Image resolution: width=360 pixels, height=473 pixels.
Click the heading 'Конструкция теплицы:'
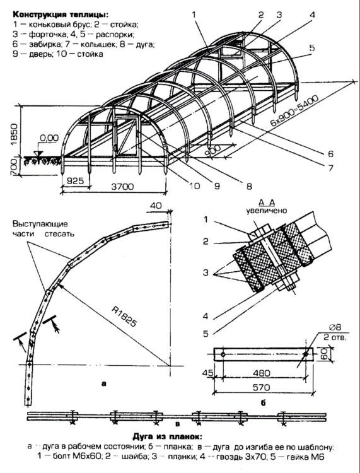[x=60, y=14]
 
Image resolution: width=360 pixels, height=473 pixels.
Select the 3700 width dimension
[x=122, y=187]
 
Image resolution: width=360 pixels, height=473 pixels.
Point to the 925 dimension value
[x=75, y=181]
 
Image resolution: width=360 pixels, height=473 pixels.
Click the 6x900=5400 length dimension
[x=294, y=111]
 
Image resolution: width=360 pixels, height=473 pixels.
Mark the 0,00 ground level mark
[x=49, y=138]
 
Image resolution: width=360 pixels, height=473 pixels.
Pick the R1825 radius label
[x=124, y=317]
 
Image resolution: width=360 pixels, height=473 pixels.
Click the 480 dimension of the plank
[x=262, y=373]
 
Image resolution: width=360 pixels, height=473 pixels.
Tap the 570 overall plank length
[x=261, y=387]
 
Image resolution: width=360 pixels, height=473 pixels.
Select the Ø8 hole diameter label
[x=335, y=327]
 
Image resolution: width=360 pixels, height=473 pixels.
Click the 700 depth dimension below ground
[x=14, y=168]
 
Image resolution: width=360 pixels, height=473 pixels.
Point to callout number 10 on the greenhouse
[x=194, y=185]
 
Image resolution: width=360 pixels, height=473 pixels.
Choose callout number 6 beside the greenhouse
[x=331, y=154]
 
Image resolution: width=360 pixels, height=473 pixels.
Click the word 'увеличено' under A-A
[x=267, y=211]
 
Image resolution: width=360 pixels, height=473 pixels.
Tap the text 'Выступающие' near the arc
[x=40, y=225]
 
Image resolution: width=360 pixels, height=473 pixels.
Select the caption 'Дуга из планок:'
[x=167, y=437]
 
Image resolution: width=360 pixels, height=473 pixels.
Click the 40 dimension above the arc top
[x=156, y=206]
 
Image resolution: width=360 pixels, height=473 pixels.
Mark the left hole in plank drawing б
[x=223, y=354]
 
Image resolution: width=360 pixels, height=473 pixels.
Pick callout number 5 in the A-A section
[x=206, y=334]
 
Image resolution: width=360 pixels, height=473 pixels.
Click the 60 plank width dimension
[x=323, y=354]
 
